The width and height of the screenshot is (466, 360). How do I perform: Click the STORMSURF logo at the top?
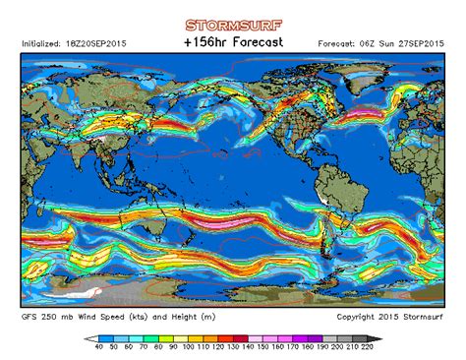[x=233, y=26]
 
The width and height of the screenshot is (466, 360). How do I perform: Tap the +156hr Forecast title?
[x=233, y=43]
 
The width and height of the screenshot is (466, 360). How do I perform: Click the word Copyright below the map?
[x=358, y=316]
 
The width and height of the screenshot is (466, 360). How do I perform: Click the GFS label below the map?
[x=30, y=316]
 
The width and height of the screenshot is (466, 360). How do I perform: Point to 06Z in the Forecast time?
[x=370, y=44]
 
